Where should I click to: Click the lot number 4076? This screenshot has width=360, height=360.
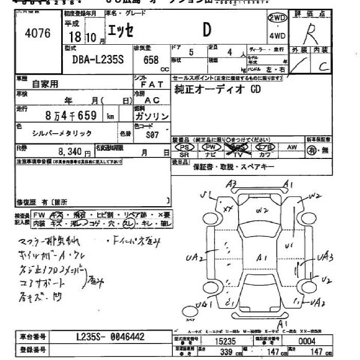pyautogui.click(x=38, y=34)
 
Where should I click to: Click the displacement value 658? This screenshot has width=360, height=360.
pyautogui.click(x=151, y=60)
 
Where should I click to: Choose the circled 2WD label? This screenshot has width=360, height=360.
pyautogui.click(x=277, y=18)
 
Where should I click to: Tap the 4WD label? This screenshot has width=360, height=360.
pyautogui.click(x=277, y=36)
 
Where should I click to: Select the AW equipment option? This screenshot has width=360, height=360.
pyautogui.click(x=292, y=148)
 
